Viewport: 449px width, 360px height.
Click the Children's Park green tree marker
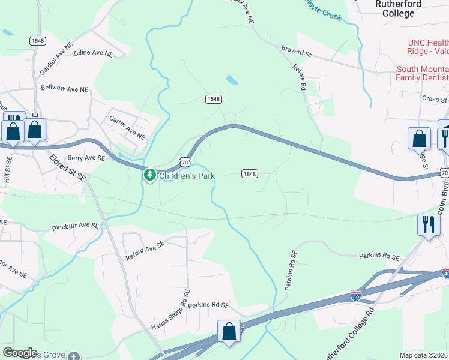[149, 175]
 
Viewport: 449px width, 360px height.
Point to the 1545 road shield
[37, 40]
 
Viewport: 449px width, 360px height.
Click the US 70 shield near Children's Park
[185, 162]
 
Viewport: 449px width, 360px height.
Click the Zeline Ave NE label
[92, 53]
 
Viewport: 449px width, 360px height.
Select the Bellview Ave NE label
[64, 89]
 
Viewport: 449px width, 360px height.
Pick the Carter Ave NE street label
[128, 127]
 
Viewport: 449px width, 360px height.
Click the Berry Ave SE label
[86, 158]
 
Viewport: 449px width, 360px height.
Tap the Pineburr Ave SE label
[75, 226]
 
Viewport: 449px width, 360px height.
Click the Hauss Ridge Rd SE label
[170, 316]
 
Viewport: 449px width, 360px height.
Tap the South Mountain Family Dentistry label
[423, 73]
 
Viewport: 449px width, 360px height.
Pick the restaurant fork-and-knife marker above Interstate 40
[428, 226]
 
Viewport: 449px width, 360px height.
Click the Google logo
[20, 353]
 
